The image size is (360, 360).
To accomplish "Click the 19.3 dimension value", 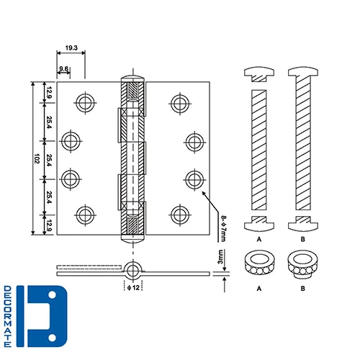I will (x=71, y=48).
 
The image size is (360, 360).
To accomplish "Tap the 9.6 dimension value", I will (x=63, y=69).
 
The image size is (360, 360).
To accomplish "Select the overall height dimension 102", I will (x=36, y=159).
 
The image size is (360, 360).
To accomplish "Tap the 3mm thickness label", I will (x=221, y=256).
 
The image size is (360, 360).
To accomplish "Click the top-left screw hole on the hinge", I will (x=86, y=102).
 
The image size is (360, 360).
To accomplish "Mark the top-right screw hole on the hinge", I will (x=179, y=102).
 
